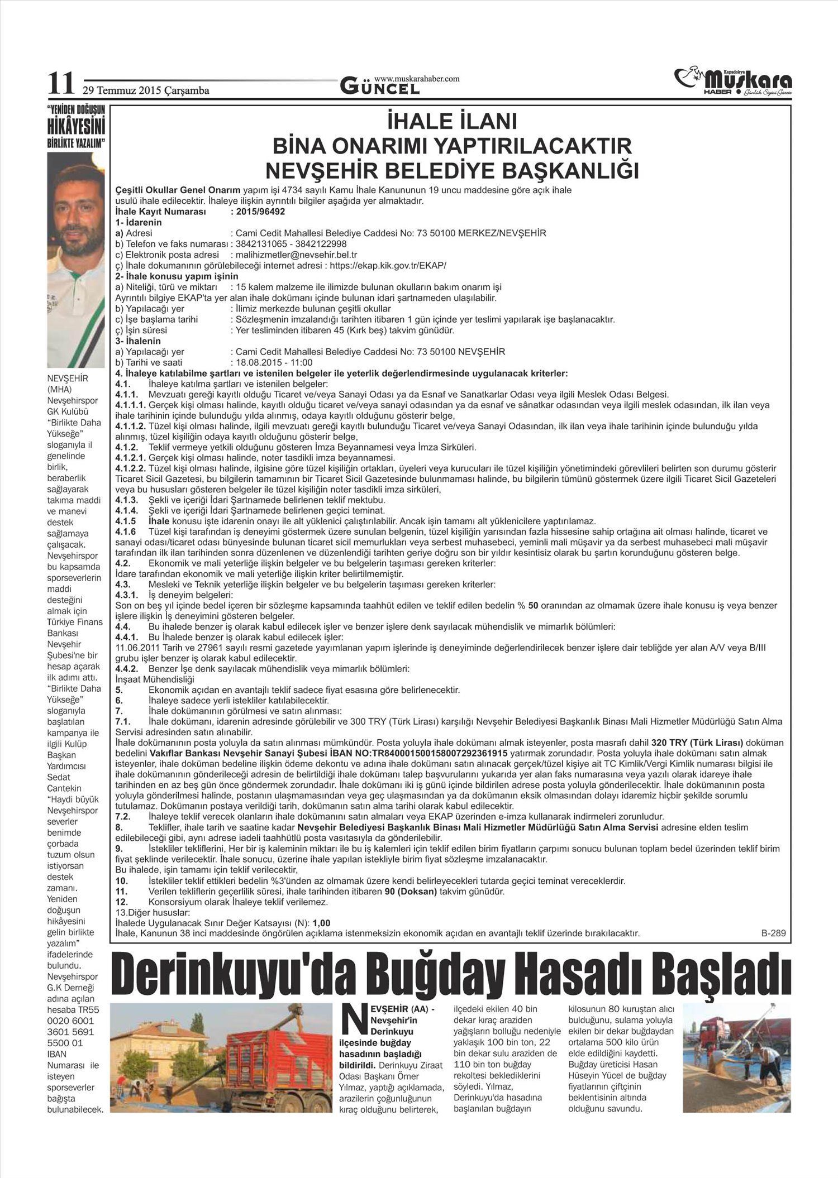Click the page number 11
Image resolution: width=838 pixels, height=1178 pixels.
60,84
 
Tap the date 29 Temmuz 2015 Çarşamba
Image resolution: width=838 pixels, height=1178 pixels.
146,90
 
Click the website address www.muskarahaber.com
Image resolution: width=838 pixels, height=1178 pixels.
417,78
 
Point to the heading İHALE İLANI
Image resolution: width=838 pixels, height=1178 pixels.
451,122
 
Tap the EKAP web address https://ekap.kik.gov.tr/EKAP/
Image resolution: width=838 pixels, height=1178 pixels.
388,265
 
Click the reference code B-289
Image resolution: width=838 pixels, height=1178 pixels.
773,933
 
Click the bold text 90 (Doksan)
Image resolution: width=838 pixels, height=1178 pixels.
411,891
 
